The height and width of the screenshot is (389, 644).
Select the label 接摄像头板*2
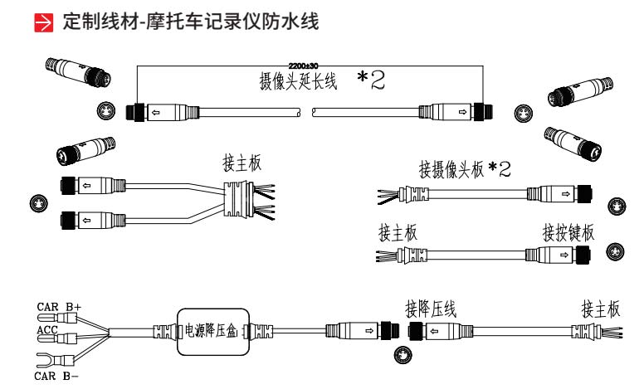464,169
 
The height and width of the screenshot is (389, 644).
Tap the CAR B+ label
59,306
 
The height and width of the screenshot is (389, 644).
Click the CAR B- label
58,374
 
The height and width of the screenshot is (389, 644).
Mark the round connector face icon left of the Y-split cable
36,202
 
